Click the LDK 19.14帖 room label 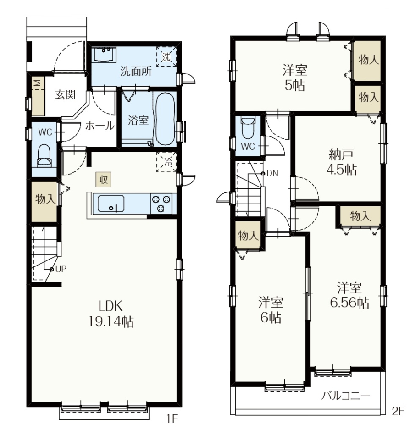pos(111,314)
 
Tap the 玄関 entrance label pos(65,95)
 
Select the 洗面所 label pos(136,72)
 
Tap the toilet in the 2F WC pos(248,128)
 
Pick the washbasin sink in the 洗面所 pos(104,54)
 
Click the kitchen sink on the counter pos(111,204)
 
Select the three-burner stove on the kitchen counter pos(161,204)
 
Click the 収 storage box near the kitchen pos(104,180)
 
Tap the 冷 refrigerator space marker pos(166,162)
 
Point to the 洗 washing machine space pos(166,57)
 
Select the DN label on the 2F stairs pos(272,174)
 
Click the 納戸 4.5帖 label pos(341,162)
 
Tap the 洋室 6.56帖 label pos(349,295)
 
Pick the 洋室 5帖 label pos(294,78)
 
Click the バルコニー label pos(345,396)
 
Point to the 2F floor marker pos(398,411)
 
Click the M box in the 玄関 pos(38,83)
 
